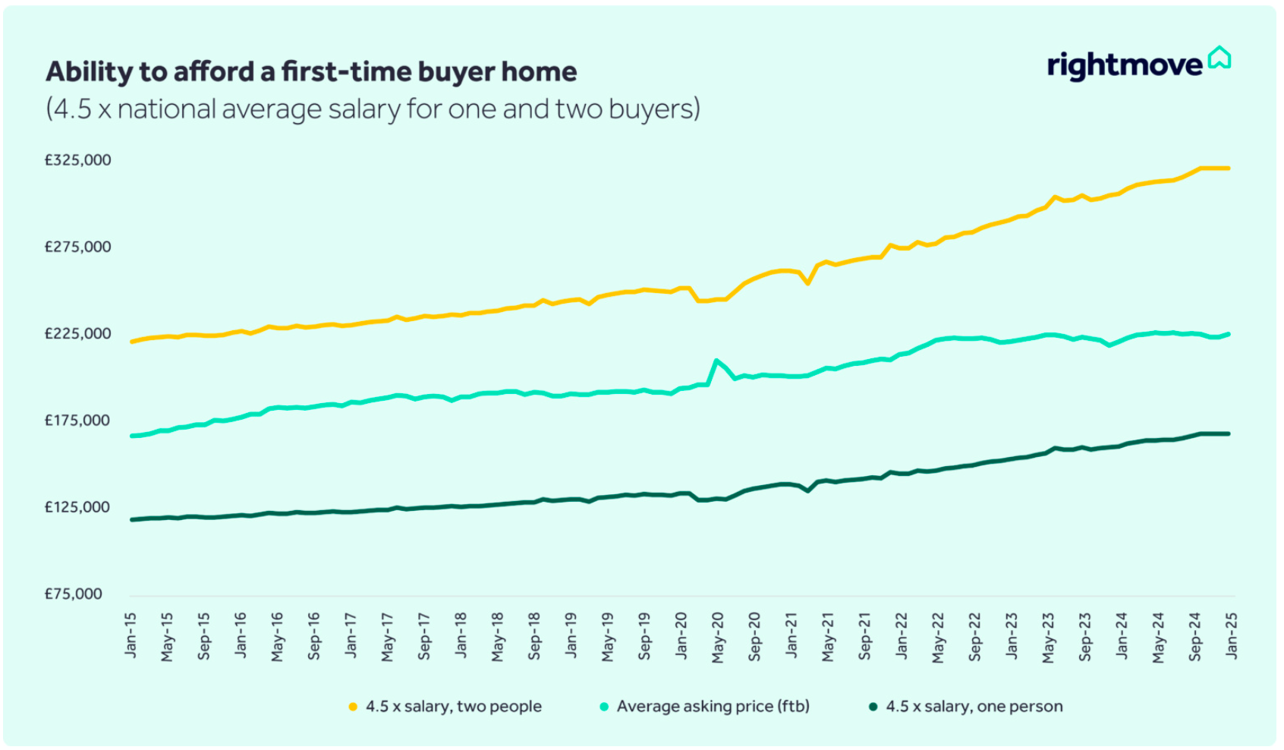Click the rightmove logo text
1124,66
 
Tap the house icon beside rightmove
1219,58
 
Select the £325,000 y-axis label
77,160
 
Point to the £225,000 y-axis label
77,334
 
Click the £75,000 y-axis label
73,594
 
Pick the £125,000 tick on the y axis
77,507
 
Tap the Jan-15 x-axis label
131,635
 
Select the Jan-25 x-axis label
1231,635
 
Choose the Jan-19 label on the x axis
571,635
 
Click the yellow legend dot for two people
353,707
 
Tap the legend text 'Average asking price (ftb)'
713,707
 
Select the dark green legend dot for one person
873,707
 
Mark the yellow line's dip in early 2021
808,283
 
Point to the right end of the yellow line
1229,169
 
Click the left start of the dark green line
132,520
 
